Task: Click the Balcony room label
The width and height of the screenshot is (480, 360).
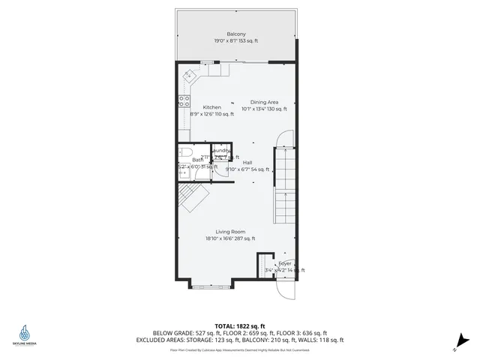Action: pyautogui.click(x=236, y=34)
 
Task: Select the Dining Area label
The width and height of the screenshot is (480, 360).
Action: pyautogui.click(x=264, y=102)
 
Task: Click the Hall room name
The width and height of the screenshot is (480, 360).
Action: pyautogui.click(x=247, y=163)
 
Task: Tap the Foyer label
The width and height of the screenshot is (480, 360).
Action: pyautogui.click(x=285, y=264)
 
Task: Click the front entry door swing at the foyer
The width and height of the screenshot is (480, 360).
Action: pyautogui.click(x=286, y=289)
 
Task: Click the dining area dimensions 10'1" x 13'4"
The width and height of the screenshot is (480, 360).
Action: pyautogui.click(x=264, y=109)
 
